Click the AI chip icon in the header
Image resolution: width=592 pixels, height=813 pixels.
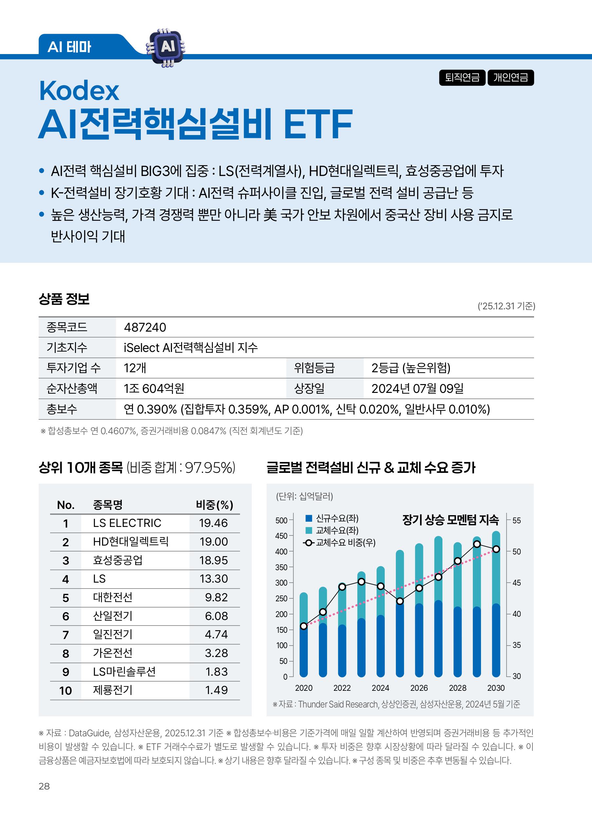pos(166,47)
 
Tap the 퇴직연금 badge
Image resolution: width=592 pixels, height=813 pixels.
pos(462,78)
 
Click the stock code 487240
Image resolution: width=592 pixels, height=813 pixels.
pos(145,327)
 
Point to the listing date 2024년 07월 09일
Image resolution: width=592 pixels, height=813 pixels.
pos(417,388)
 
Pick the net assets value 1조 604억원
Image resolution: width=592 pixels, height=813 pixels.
pos(154,388)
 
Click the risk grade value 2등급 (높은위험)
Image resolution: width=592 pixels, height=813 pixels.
pos(411,368)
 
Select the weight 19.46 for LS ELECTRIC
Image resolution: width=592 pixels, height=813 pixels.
pos(213,523)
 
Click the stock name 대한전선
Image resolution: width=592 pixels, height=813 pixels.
pos(113,597)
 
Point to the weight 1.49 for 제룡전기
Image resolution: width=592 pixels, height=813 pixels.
pos(216,690)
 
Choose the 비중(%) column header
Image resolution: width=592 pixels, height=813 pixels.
pos(214,505)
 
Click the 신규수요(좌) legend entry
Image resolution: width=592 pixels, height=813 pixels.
pos(332,518)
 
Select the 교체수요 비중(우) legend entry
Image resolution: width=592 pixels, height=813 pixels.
pos(340,543)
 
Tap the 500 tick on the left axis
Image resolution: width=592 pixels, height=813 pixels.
pos(281,520)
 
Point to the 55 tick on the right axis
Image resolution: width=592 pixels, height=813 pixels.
pos(516,520)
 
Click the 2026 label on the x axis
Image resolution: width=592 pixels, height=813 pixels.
pos(419,688)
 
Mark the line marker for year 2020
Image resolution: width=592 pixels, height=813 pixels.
pos(304,626)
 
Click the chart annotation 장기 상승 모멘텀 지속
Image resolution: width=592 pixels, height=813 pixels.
pos(450,519)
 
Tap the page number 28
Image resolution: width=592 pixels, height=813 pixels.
pos(44,786)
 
